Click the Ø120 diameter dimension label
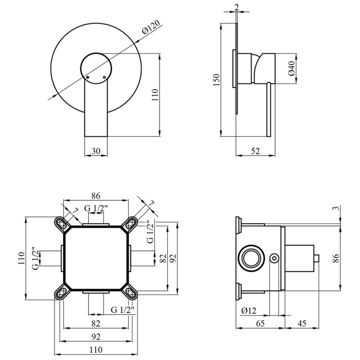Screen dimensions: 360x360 pyautogui.click(x=151, y=27)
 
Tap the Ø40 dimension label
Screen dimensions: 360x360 pyautogui.click(x=292, y=68)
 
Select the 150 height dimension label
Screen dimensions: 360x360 pyautogui.click(x=216, y=80)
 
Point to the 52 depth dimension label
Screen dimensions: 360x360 pyautogui.click(x=255, y=151)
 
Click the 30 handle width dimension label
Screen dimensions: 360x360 pyautogui.click(x=96, y=151)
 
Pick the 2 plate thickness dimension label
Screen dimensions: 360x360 pyautogui.click(x=237, y=7)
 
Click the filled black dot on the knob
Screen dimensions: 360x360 pyautogui.click(x=87, y=77)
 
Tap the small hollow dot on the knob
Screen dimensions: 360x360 pyautogui.click(x=105, y=77)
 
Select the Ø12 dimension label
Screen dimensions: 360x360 pyautogui.click(x=249, y=311)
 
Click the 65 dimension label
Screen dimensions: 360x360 pyautogui.click(x=260, y=324)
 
